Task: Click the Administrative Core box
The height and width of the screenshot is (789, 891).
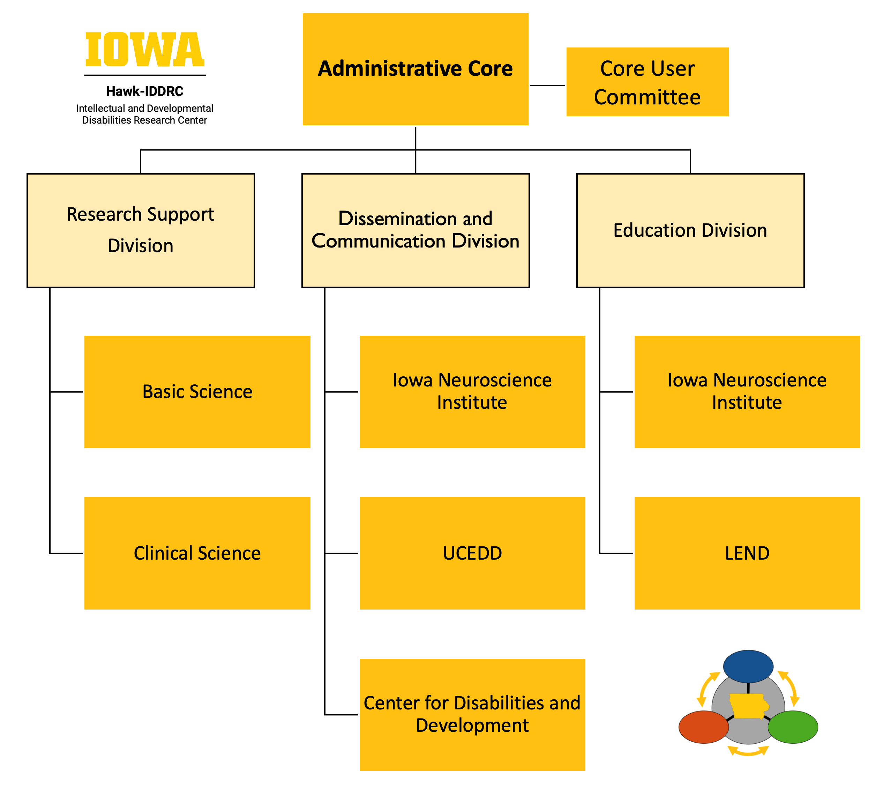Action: pos(415,69)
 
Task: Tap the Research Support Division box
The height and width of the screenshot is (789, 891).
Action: pos(140,230)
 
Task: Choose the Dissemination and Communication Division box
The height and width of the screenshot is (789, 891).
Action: pos(415,230)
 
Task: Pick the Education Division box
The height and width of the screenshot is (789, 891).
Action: pos(690,230)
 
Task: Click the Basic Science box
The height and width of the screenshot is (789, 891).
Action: pos(197,392)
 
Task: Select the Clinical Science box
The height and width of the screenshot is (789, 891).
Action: pos(197,553)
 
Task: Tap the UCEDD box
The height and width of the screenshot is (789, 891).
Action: pos(472,553)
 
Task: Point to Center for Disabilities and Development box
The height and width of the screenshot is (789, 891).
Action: pos(472,714)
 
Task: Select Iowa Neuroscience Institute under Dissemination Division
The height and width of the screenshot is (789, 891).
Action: pos(472,392)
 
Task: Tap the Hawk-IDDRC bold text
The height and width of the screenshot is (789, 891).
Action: pos(145,91)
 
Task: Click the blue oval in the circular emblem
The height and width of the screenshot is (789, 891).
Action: pos(748,666)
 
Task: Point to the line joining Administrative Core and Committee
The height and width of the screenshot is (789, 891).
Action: pos(547,86)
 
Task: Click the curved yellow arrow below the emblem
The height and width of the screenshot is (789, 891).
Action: pos(748,751)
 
